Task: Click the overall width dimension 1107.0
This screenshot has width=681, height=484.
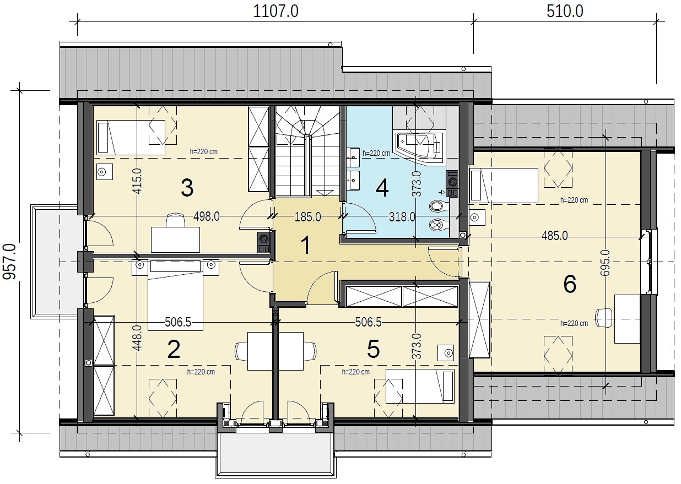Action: coord(275,12)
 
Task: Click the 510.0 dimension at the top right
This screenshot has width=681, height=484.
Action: coord(565,12)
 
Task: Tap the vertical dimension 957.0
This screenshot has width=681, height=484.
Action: coord(9,262)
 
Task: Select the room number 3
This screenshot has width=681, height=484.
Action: coord(187,187)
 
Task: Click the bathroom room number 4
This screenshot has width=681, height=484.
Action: coord(382,188)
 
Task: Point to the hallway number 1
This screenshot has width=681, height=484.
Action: coord(306,245)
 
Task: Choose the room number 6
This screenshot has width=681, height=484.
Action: coord(570,284)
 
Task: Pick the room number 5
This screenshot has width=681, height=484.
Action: coord(374,349)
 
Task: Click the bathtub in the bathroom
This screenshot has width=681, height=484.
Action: coord(419,148)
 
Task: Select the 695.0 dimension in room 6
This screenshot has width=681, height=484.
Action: coord(606,263)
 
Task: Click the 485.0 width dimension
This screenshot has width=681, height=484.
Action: coord(554,236)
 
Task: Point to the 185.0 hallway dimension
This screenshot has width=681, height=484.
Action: coord(307,217)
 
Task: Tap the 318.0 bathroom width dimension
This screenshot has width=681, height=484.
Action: coord(402,217)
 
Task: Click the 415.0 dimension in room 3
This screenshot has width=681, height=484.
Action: coord(137,181)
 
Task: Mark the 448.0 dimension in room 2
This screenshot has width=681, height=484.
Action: coord(137,338)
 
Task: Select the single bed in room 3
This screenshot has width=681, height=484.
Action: coord(131,138)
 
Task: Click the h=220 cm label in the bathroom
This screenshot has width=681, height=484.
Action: coord(376,153)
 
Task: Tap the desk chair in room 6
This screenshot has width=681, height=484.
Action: coord(604,318)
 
